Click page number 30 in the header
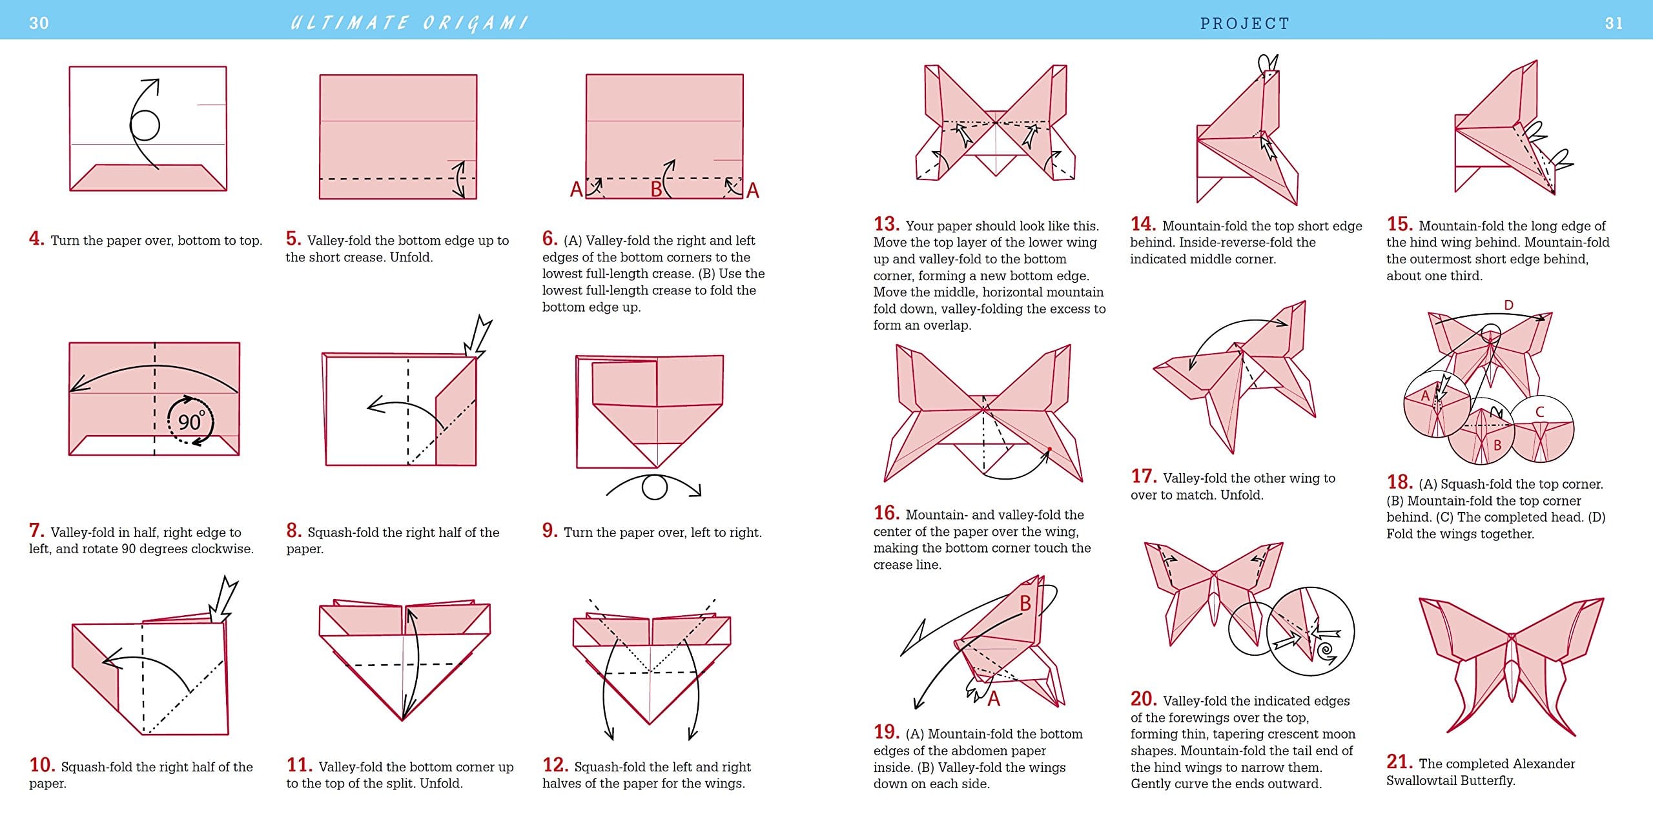pos(39,23)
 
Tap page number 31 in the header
pos(1614,23)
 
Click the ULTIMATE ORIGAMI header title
pos(409,23)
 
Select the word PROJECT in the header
pos(1244,23)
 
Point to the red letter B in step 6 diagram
pos(656,189)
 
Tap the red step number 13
pos(886,224)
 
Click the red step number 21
pos(1399,762)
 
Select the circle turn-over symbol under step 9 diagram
pos(654,487)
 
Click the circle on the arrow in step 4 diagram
pos(145,125)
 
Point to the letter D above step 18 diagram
pos(1508,305)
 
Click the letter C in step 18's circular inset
pos(1539,412)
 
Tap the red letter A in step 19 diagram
pos(994,698)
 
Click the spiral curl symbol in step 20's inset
pos(1326,651)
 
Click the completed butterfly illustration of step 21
pos(1511,665)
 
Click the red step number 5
pos(293,239)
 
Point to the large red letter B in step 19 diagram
pos(1025,603)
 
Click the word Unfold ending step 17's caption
pos(1242,495)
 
